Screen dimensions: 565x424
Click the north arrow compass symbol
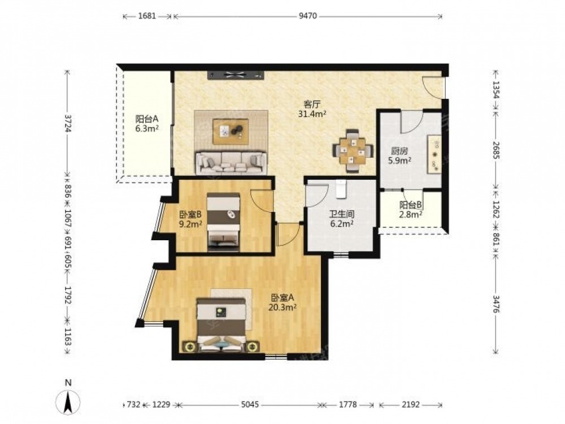pyautogui.click(x=68, y=401)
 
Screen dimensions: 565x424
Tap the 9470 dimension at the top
pyautogui.click(x=308, y=16)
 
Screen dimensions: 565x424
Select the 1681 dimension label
pyautogui.click(x=147, y=16)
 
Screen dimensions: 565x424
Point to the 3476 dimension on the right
pyautogui.click(x=496, y=304)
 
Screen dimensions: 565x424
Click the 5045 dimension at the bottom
pyautogui.click(x=250, y=405)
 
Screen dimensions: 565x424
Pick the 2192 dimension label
pyautogui.click(x=411, y=405)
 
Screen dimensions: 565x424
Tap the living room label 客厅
pyautogui.click(x=312, y=105)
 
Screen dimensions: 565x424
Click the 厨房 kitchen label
pyautogui.click(x=399, y=152)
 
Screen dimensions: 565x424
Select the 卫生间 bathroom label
pyautogui.click(x=342, y=214)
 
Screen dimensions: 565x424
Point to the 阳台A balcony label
pyautogui.click(x=147, y=119)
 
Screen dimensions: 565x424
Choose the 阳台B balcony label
pyautogui.click(x=411, y=205)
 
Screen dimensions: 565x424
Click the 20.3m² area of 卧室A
pyautogui.click(x=282, y=308)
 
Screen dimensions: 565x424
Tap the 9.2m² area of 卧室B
pyautogui.click(x=190, y=224)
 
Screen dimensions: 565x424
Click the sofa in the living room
pyautogui.click(x=231, y=163)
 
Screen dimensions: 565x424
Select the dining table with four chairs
pyautogui.click(x=352, y=150)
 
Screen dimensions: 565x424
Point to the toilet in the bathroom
pyautogui.click(x=341, y=189)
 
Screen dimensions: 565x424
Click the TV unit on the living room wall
pyautogui.click(x=236, y=75)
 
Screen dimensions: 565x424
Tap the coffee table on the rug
pyautogui.click(x=231, y=131)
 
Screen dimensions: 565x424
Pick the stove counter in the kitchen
pyautogui.click(x=434, y=154)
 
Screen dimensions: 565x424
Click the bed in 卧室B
pyautogui.click(x=223, y=222)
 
